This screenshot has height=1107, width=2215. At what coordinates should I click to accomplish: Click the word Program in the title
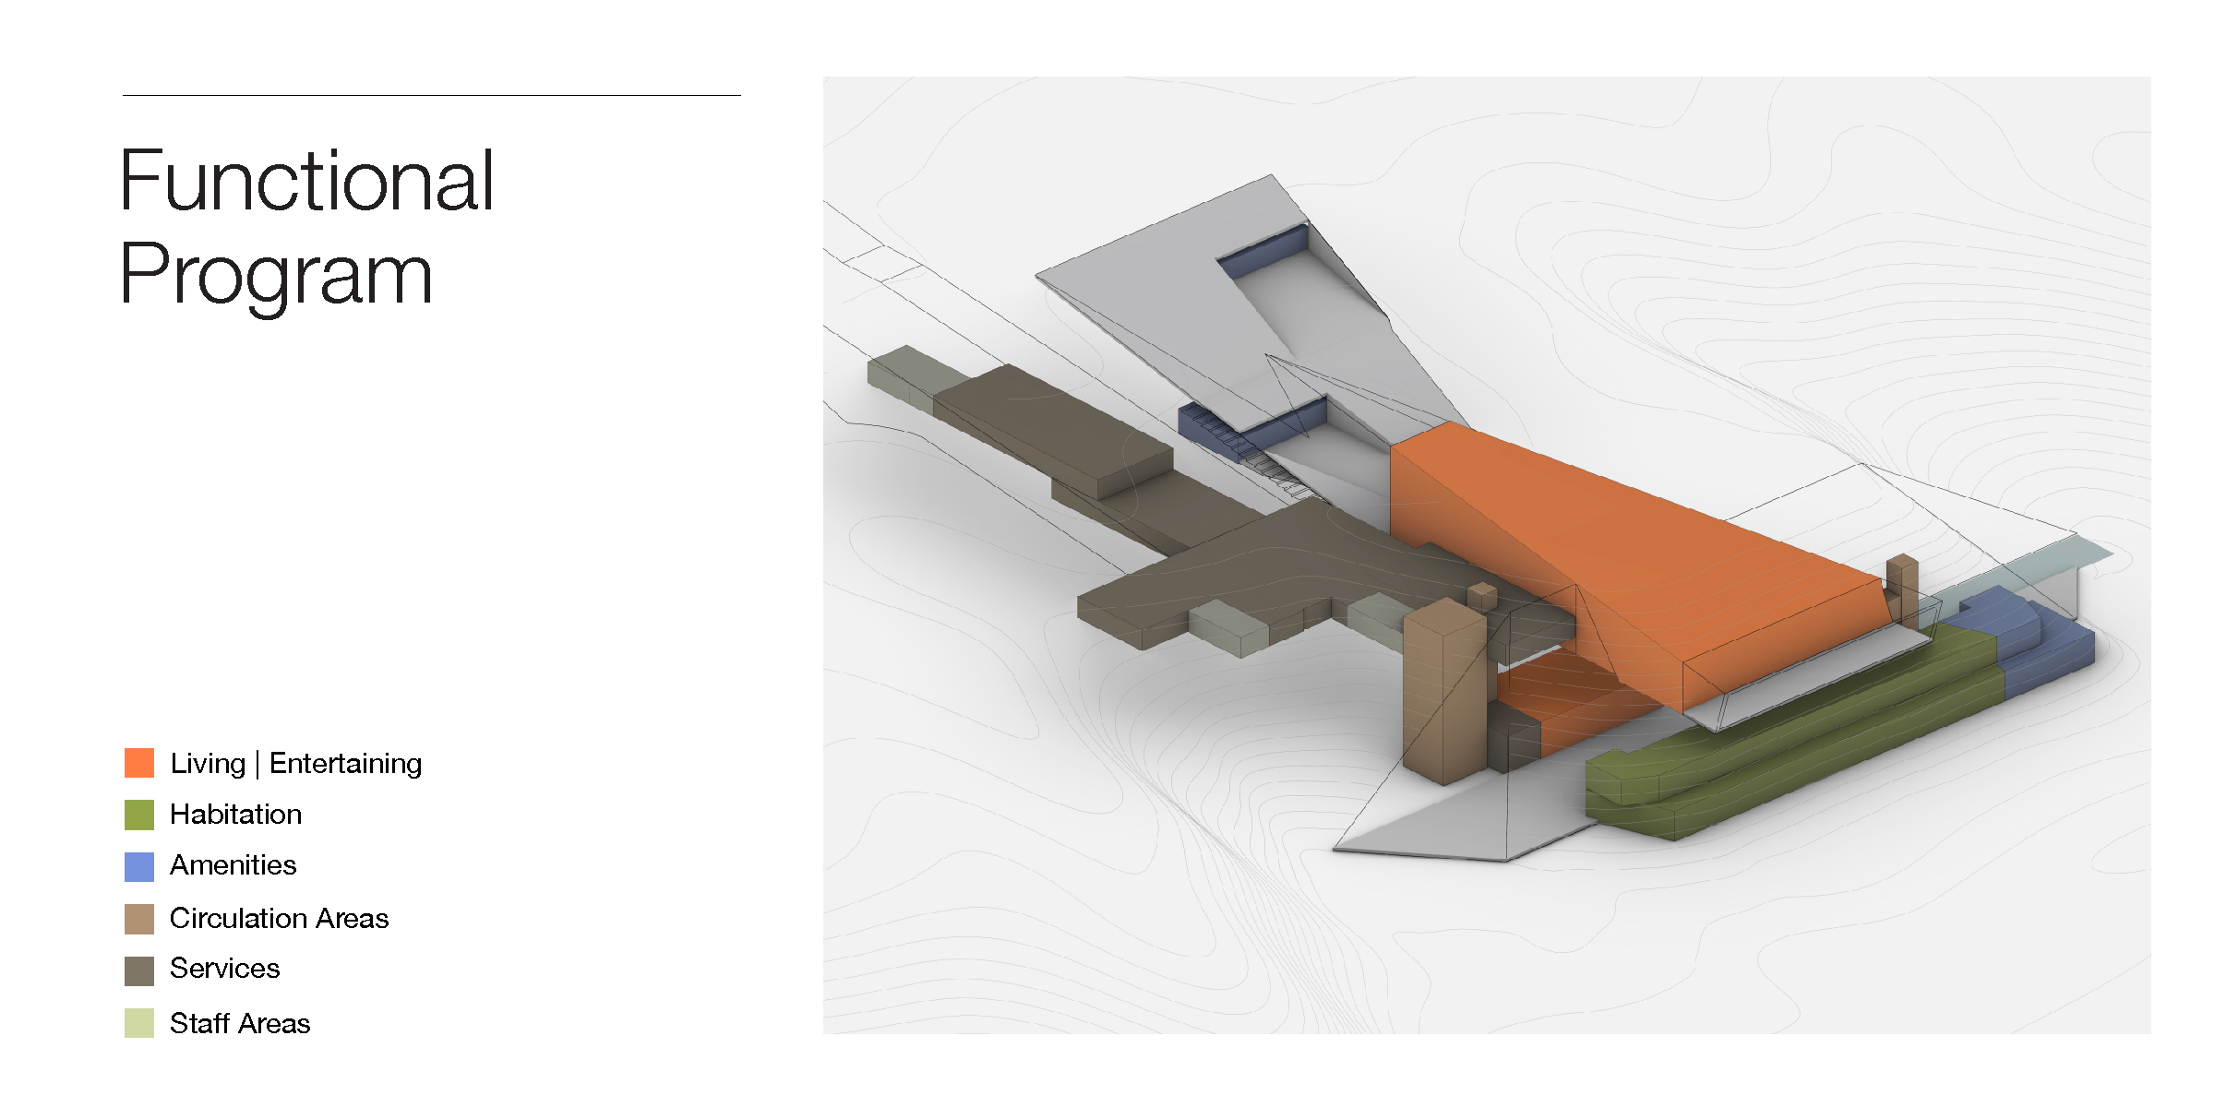point(276,274)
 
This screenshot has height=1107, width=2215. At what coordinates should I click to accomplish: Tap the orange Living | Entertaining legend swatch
point(139,763)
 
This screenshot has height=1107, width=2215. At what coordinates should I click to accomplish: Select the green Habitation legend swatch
point(139,815)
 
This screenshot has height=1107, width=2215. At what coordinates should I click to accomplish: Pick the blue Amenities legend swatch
point(139,866)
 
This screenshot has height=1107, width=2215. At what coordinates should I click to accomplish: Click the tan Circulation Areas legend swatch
point(139,919)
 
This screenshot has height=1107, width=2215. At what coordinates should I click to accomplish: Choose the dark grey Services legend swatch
point(139,970)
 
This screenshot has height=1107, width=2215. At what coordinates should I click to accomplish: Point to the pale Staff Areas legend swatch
point(139,1023)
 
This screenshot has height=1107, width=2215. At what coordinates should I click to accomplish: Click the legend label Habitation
point(236,814)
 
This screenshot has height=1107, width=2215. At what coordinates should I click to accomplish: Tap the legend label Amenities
point(233,864)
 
